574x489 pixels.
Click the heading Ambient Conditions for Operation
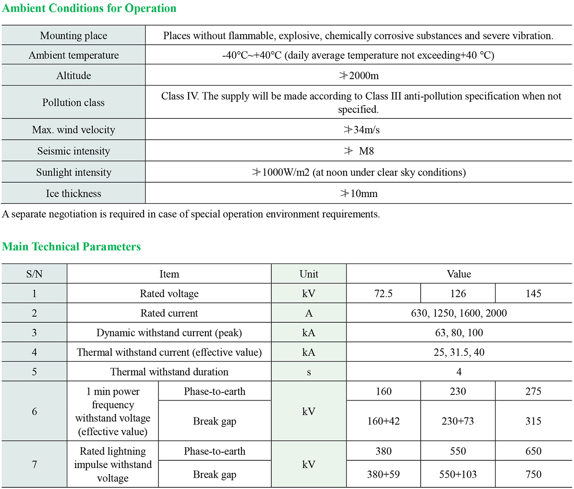[89, 8]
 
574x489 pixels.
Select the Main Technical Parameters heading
[71, 247]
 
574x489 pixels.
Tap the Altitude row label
[74, 76]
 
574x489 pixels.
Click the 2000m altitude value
[359, 76]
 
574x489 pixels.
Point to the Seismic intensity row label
[74, 151]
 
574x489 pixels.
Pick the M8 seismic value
[366, 151]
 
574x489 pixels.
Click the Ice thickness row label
[74, 194]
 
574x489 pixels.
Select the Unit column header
[309, 274]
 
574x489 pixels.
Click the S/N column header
[34, 274]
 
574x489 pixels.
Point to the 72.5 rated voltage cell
[383, 294]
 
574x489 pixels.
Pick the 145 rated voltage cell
[533, 294]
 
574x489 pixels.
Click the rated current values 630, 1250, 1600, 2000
[459, 313]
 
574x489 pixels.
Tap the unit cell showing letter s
[309, 372]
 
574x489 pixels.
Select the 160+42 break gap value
[383, 421]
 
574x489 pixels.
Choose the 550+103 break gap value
[458, 474]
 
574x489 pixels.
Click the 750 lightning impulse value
[533, 474]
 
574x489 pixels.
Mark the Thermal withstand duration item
[169, 372]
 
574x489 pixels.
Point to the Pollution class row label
[74, 102]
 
